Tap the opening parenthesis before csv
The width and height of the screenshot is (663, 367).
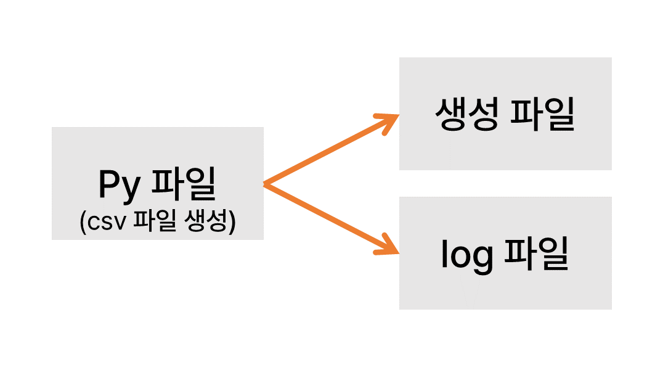84,222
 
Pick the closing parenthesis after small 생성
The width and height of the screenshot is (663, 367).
232,222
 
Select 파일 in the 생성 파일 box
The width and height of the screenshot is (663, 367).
543,114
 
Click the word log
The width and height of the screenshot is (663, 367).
467,255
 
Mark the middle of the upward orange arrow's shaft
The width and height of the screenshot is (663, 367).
327,152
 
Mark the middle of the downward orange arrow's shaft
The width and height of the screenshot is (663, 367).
327,216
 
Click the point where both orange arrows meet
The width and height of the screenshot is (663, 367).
266,184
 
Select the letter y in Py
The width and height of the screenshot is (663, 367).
131,188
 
